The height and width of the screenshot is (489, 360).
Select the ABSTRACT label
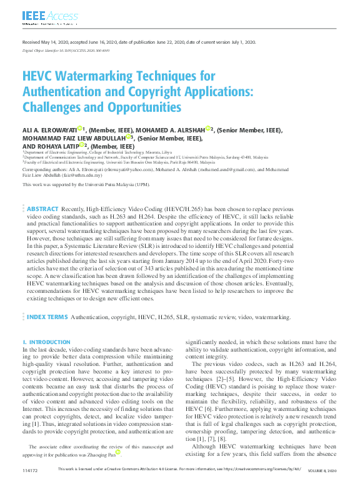point(42,192)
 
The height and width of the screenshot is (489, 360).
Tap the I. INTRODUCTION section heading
point(46,342)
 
